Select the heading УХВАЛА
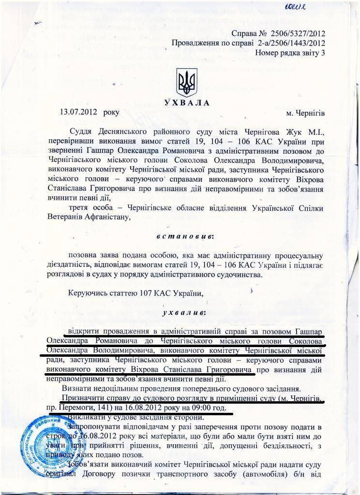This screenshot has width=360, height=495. [186, 102]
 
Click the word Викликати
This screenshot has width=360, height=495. [86, 417]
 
